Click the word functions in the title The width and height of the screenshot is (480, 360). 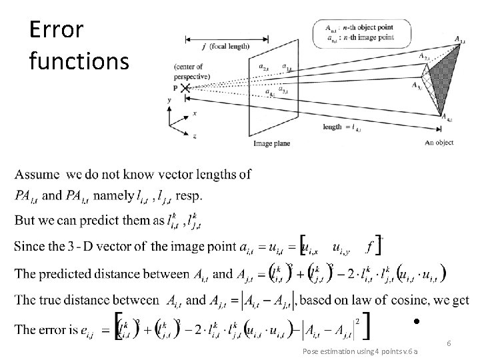point(79,61)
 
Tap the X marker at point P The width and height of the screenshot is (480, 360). point(184,88)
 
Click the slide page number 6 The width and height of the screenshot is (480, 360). point(449,343)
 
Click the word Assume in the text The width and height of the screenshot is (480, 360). point(39,175)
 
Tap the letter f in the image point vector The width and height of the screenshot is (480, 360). point(369,247)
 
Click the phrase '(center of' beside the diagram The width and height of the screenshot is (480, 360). point(189,67)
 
